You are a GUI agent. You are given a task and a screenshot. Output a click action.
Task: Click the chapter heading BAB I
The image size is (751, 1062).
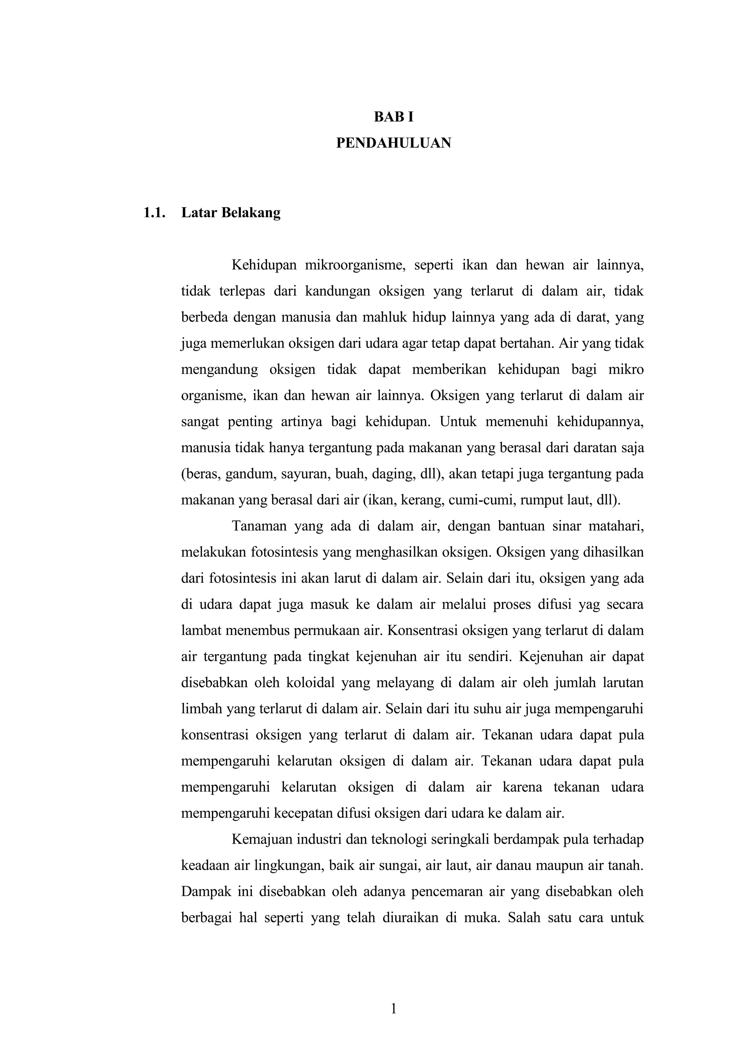tap(393, 118)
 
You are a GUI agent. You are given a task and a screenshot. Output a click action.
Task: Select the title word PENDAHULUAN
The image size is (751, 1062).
tap(393, 143)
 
